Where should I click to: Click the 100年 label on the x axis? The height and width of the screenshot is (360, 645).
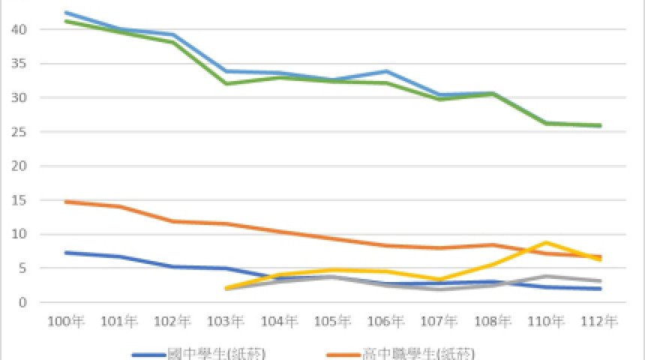(67, 322)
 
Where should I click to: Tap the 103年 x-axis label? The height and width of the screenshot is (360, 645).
(226, 322)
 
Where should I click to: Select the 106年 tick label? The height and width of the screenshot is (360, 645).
(387, 322)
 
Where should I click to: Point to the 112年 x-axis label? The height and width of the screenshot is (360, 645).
(601, 322)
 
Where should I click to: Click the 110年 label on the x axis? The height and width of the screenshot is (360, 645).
(547, 322)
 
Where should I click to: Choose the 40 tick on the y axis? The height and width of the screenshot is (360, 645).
(25, 29)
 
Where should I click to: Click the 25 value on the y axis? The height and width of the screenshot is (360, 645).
(25, 132)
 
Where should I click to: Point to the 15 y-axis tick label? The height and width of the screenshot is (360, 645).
(25, 200)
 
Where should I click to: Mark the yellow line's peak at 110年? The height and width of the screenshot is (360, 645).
(547, 242)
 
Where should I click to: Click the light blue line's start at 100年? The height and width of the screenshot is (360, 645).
(67, 13)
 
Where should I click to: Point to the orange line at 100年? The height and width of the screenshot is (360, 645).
(67, 202)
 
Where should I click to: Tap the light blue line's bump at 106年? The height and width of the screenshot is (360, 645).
(387, 71)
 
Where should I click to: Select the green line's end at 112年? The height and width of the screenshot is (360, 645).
(601, 125)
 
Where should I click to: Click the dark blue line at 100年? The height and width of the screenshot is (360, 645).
(67, 253)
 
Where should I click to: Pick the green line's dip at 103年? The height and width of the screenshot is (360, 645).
(226, 83)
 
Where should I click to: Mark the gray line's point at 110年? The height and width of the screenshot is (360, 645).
(547, 276)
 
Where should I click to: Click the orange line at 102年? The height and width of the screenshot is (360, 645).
(173, 221)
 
